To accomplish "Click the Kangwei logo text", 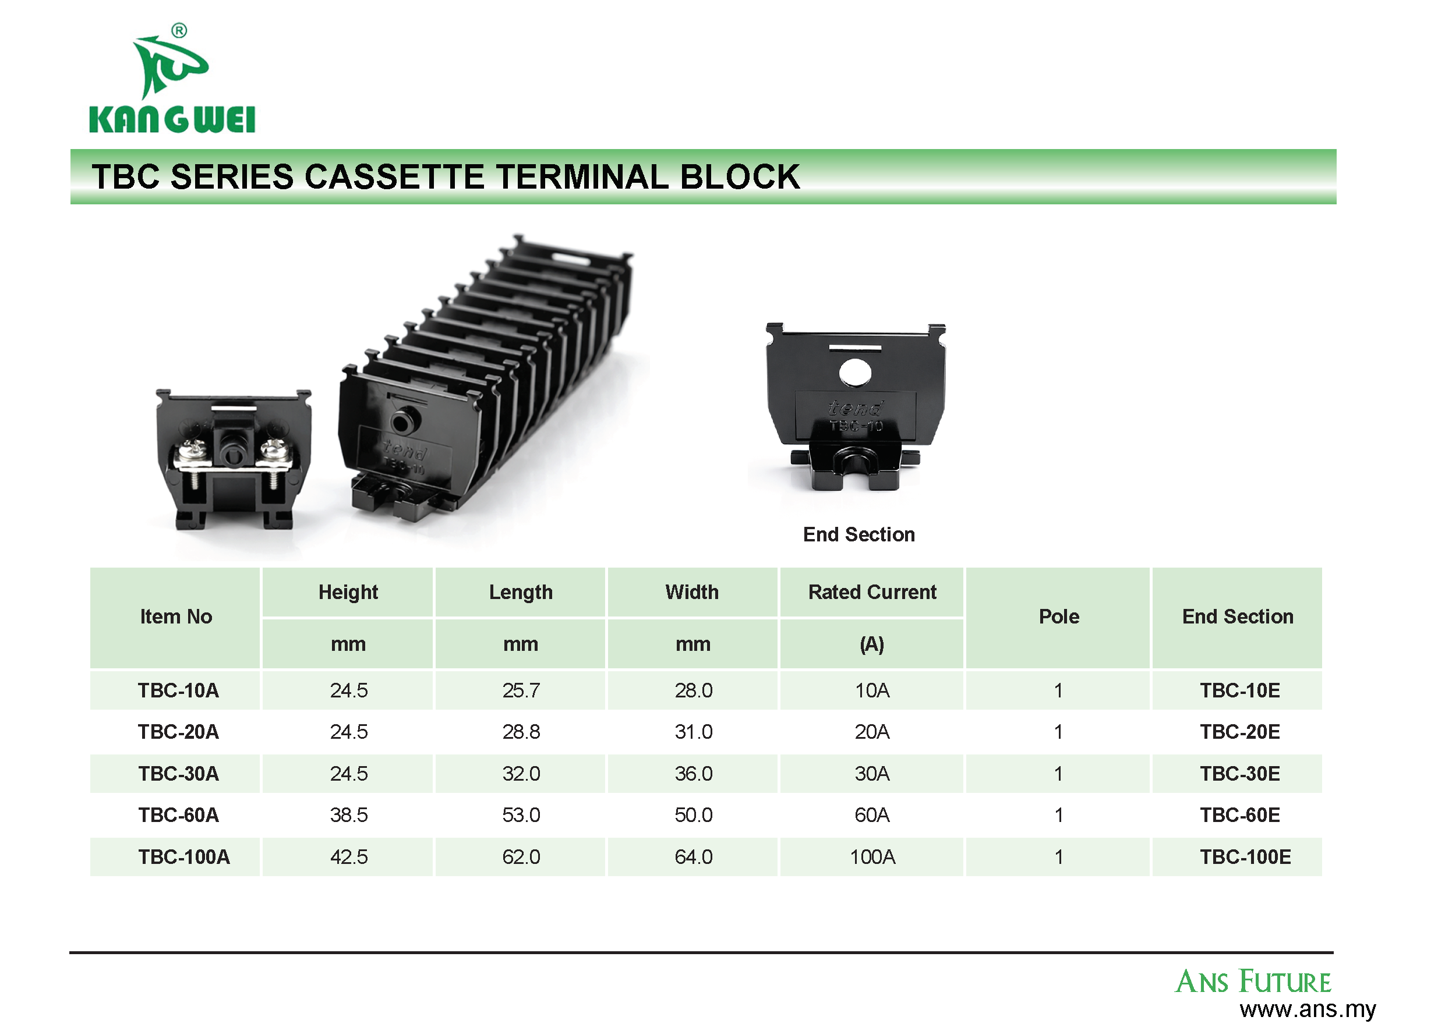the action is pos(172,119).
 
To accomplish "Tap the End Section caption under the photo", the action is pos(858,534).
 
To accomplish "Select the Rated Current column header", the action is pos(872,591).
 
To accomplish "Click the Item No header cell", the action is pos(176,617).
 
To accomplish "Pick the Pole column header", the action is pos(1059,617).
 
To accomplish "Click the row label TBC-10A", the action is pos(178,690).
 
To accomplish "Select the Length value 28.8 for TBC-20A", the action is pos(521,731).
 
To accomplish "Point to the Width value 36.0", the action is pos(694,773).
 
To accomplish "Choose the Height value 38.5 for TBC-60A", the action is pos(349,814).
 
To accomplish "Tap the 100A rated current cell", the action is pos(872,857).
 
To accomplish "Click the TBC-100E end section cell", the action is pos(1245,857).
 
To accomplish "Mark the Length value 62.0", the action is pos(521,857).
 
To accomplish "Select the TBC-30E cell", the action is pos(1240,773).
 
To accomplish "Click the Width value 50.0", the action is pos(694,814).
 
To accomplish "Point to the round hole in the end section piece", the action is pos(855,373).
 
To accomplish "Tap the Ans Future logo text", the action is pos(1253,982).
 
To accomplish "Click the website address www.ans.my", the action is pos(1307,1009).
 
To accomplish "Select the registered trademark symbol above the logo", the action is pos(179,30).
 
